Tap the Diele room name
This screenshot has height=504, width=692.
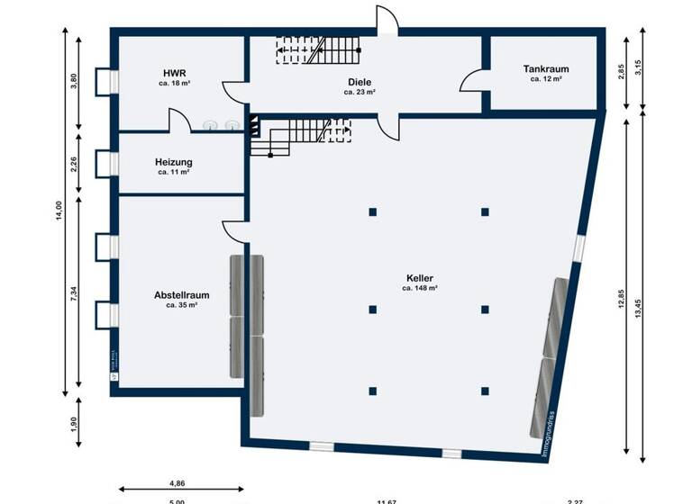pyautogui.click(x=360, y=81)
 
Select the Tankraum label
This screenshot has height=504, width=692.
pyautogui.click(x=546, y=68)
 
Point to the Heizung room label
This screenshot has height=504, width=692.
pyautogui.click(x=174, y=162)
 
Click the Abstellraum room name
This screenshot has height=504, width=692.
pyautogui.click(x=181, y=294)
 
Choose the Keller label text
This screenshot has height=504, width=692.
pyautogui.click(x=420, y=278)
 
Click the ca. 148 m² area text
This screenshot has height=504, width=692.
pyautogui.click(x=420, y=289)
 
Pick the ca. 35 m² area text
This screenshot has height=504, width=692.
pyautogui.click(x=181, y=305)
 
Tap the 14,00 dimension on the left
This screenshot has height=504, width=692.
pyautogui.click(x=59, y=210)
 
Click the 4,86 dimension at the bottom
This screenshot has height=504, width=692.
pyautogui.click(x=177, y=483)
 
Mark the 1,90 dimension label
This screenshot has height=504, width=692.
pyautogui.click(x=75, y=423)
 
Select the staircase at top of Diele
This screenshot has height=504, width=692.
pyautogui.click(x=317, y=49)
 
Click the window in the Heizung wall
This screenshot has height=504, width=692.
pyautogui.click(x=113, y=164)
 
